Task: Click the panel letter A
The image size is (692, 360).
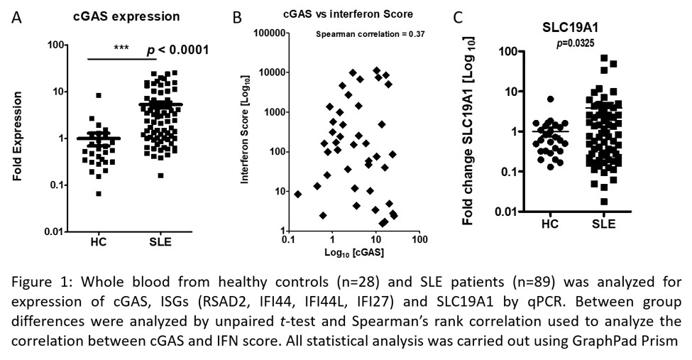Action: click(x=16, y=16)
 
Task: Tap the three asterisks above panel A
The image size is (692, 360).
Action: click(x=122, y=48)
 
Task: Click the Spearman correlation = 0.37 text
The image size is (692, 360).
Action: click(x=370, y=34)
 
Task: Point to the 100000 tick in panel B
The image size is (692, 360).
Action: click(x=269, y=33)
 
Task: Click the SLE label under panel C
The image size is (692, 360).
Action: click(x=602, y=224)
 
